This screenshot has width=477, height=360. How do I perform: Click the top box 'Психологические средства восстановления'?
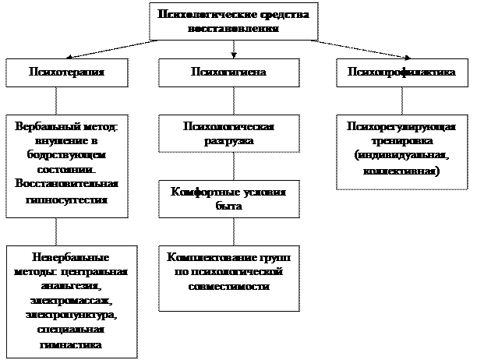coord(233,21)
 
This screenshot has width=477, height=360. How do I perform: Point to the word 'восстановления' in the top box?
coord(233,28)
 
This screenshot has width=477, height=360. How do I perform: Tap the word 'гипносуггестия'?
coord(65,199)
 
